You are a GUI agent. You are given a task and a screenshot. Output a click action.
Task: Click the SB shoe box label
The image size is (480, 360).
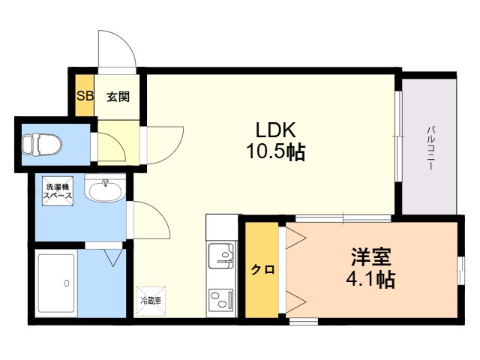pos(85,96)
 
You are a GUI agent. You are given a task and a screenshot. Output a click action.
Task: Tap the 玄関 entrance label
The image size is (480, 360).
pos(118,97)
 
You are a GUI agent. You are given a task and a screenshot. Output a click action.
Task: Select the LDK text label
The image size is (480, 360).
pos(276,130)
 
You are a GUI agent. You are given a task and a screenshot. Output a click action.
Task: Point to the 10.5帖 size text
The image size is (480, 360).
pos(276,151)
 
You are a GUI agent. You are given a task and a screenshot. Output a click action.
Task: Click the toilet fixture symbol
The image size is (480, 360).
pos(42,143)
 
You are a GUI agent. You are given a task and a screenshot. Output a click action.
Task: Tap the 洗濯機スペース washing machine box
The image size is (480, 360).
pos(58,191)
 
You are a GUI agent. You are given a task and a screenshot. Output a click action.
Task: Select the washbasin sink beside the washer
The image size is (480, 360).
pos(106,191)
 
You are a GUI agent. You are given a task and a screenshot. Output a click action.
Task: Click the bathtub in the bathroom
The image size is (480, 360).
pos(56,283)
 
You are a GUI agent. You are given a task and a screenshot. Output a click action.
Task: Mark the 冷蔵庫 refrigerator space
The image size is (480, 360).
pos(151,301)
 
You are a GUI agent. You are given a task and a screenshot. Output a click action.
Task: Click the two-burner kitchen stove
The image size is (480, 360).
pos(221,300)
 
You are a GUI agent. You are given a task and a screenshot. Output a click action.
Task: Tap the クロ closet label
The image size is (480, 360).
pos(262,270)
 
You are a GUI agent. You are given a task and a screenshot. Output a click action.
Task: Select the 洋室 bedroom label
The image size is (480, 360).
pos(370,256)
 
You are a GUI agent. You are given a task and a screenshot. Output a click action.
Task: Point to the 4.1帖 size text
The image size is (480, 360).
pos(370,278)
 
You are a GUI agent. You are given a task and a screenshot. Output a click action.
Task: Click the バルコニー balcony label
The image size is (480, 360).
pos(430,148)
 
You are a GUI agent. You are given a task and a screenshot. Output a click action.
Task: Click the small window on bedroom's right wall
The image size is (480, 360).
pos(461,271)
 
